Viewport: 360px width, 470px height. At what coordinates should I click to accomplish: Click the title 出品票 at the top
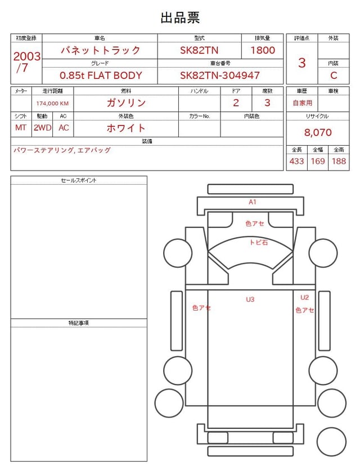click(x=180, y=17)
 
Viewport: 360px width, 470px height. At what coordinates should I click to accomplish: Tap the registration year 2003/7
click(x=26, y=62)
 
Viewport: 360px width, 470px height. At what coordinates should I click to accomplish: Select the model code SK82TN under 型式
click(x=199, y=50)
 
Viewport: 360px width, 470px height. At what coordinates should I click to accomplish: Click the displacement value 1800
click(x=263, y=50)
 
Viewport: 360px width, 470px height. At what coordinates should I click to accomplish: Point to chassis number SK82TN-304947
click(x=220, y=75)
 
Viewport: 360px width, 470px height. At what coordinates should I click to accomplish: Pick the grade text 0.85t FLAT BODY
click(x=101, y=75)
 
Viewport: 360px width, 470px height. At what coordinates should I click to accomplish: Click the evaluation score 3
click(x=302, y=62)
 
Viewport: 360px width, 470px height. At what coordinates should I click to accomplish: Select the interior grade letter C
click(x=334, y=75)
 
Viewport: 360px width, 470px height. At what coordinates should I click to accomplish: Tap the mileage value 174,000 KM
click(x=52, y=104)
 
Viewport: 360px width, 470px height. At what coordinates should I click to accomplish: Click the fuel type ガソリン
click(x=126, y=103)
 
